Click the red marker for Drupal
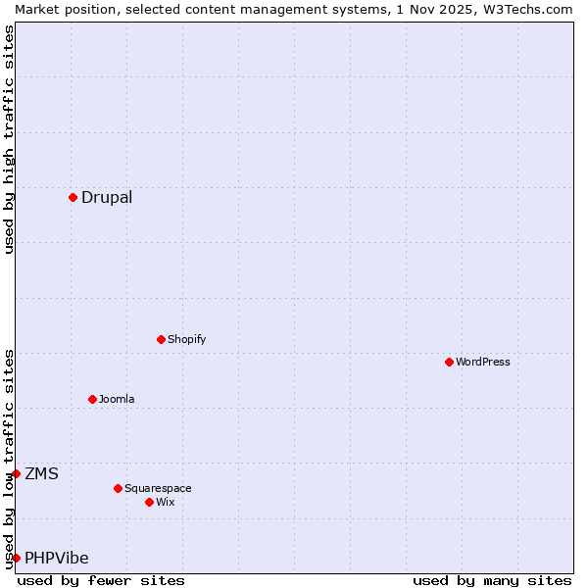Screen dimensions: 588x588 [x=73, y=197]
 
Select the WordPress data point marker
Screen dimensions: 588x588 [x=449, y=362]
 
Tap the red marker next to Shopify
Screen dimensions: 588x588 [x=161, y=339]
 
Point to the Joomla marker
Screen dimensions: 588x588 [x=92, y=399]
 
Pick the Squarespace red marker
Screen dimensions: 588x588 [x=118, y=488]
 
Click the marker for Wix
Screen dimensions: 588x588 [x=149, y=502]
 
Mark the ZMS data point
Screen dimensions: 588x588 [x=16, y=473]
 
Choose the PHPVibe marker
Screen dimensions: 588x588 [x=16, y=558]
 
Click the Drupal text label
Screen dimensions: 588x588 [x=107, y=197]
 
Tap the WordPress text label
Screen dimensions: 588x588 [x=483, y=362]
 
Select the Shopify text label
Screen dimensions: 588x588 [x=186, y=339]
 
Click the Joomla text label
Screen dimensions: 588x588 [x=117, y=399]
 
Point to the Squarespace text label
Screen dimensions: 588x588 [x=158, y=488]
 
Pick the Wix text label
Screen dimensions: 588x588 [x=166, y=502]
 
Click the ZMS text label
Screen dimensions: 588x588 [x=41, y=474]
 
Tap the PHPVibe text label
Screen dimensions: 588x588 [x=57, y=559]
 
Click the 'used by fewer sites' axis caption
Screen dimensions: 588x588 [x=101, y=580]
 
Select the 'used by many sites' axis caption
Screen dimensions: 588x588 [x=492, y=580]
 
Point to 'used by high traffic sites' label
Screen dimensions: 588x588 [x=9, y=139]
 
